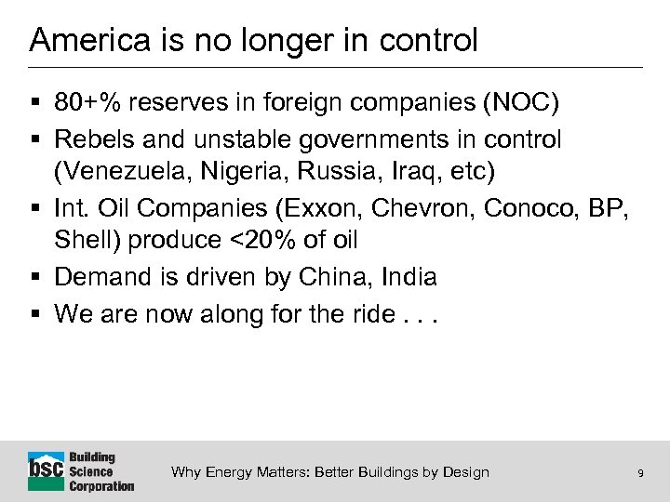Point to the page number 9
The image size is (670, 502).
[640, 473]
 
